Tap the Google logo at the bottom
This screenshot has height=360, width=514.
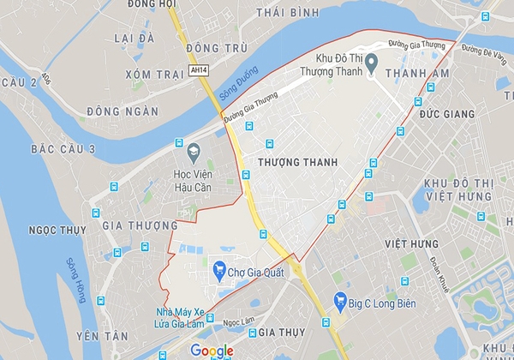pyautogui.click(x=212, y=350)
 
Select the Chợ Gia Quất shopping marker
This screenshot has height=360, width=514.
pyautogui.click(x=219, y=270)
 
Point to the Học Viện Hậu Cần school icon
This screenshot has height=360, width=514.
pyautogui.click(x=193, y=152)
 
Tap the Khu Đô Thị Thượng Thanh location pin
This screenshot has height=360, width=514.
pyautogui.click(x=371, y=63)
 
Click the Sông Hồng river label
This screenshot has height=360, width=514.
pyautogui.click(x=76, y=281)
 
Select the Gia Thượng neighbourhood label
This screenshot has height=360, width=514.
pyautogui.click(x=134, y=225)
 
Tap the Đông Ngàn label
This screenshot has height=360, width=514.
pyautogui.click(x=123, y=111)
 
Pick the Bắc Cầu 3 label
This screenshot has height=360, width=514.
pyautogui.click(x=63, y=149)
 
